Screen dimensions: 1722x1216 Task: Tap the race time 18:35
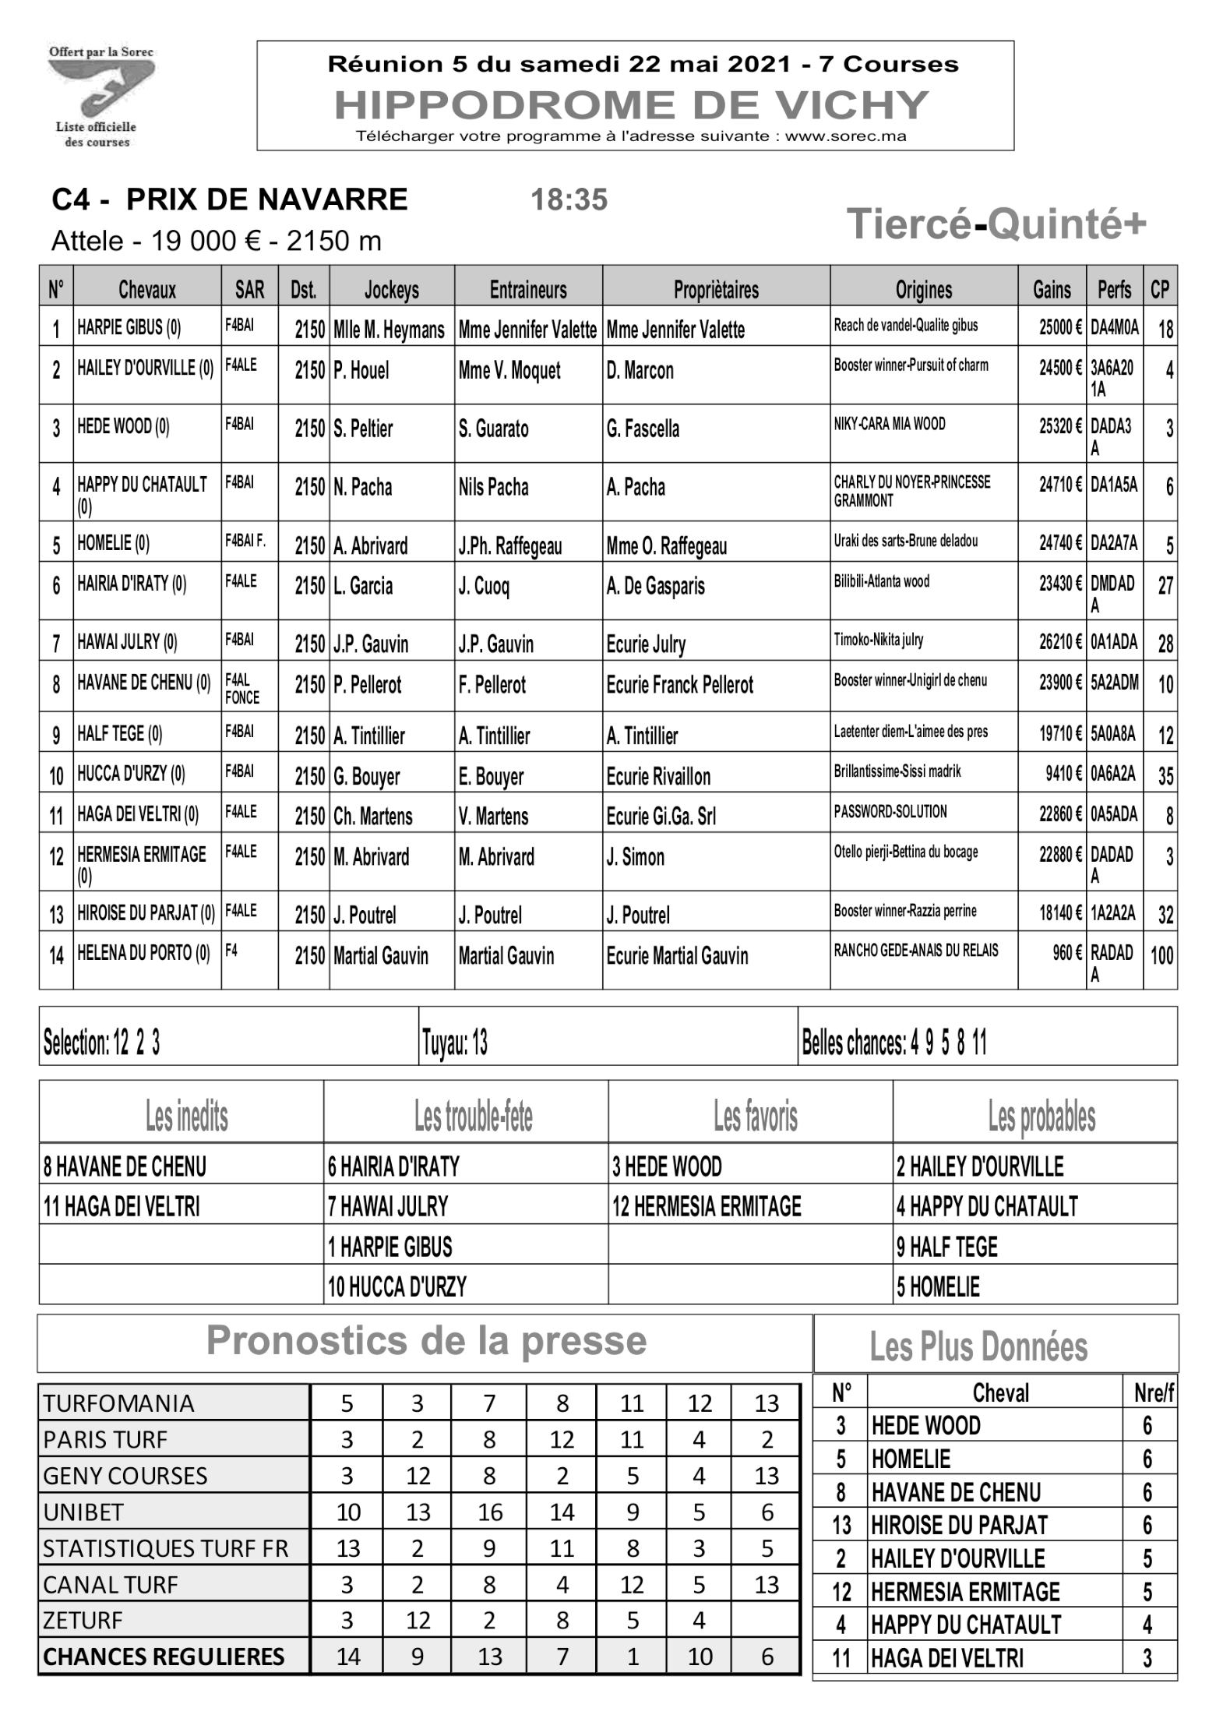569,200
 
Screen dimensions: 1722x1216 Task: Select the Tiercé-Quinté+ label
996,224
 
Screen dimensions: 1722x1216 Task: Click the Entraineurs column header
528,290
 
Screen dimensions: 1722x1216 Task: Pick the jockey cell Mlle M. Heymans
389,330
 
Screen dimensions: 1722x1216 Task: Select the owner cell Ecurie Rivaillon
658,776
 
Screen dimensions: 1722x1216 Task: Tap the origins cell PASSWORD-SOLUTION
890,812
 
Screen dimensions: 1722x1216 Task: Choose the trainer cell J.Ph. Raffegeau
510,545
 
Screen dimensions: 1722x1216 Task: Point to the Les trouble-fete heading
473,1117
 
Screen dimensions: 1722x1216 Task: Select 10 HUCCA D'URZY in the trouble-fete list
397,1286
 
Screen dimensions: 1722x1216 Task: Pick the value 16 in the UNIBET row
489,1512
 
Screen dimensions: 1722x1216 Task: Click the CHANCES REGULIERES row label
164,1657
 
